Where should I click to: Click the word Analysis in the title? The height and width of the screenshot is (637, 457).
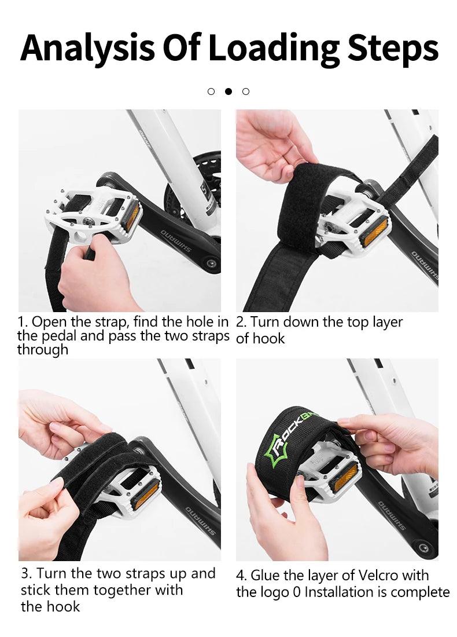87,48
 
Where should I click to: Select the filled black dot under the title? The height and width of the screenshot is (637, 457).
228,91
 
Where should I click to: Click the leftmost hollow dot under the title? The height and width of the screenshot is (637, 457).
211,91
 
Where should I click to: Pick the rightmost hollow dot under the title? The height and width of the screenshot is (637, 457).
245,91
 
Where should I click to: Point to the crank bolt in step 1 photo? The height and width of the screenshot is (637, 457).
211,264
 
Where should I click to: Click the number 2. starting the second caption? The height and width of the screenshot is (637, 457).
241,322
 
